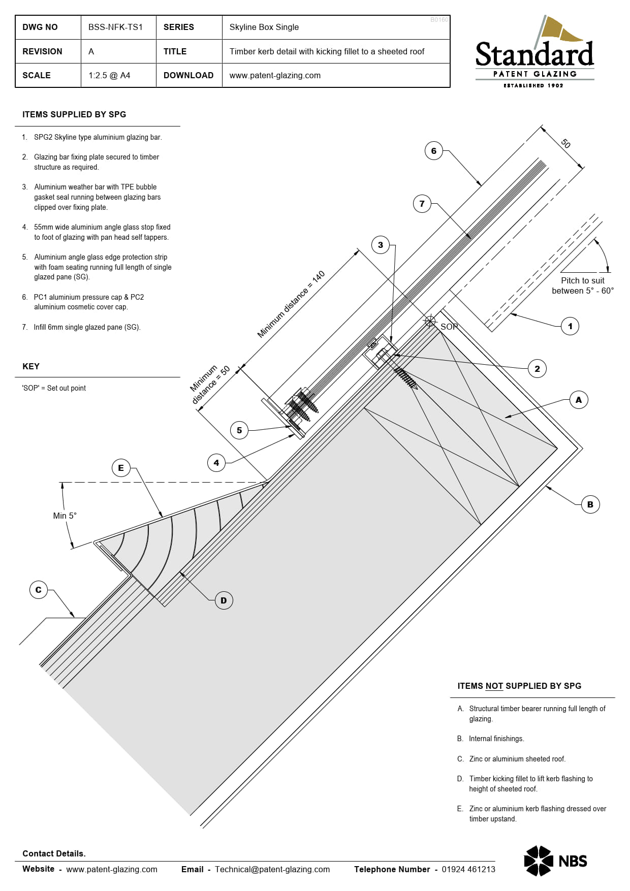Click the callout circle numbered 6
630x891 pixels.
pos(433,151)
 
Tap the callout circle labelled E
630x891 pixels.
pos(121,468)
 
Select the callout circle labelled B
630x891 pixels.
pos(590,504)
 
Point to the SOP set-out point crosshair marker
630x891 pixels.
pos(430,321)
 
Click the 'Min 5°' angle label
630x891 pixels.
pos(65,516)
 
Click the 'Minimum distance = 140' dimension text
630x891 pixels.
pos(291,305)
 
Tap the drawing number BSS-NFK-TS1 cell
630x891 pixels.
pos(115,27)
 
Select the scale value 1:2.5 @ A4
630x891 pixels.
pos(109,75)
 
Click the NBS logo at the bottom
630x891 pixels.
pos(555,861)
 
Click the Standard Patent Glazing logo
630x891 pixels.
pos(534,53)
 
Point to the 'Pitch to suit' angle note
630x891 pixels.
pos(582,285)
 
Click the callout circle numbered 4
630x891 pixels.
pos(216,463)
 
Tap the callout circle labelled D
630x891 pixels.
pos(224,600)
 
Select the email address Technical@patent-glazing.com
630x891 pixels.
pos(272,869)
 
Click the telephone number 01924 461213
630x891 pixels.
pos(468,869)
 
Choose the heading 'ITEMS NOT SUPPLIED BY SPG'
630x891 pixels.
pos(519,686)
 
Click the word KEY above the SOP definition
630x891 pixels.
pos(31,366)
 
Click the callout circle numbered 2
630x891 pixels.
pos(537,369)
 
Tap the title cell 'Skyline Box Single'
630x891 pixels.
pos(264,27)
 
